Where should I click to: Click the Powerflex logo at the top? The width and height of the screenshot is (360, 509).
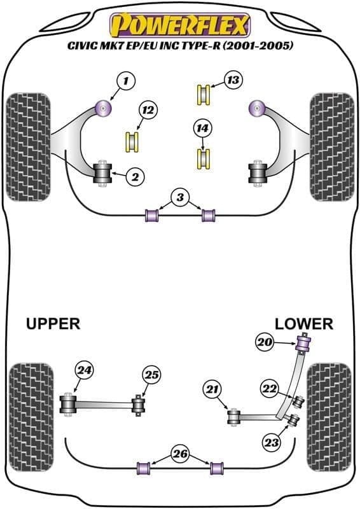[x=181, y=25]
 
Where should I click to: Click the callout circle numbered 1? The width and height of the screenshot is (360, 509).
[x=126, y=81]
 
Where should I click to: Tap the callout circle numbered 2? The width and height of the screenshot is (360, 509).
[x=134, y=177]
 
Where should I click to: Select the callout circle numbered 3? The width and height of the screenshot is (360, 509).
[x=181, y=199]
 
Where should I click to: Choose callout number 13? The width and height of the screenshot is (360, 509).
[x=233, y=80]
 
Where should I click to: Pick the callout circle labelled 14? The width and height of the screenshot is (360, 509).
[x=203, y=129]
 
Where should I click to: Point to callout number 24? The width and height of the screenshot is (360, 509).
[x=83, y=369]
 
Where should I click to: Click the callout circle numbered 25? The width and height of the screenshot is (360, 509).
[x=151, y=375]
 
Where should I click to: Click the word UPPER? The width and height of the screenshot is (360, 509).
[x=53, y=324]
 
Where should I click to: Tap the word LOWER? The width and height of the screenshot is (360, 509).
[x=303, y=324]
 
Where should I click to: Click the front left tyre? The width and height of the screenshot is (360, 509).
[x=29, y=146]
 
